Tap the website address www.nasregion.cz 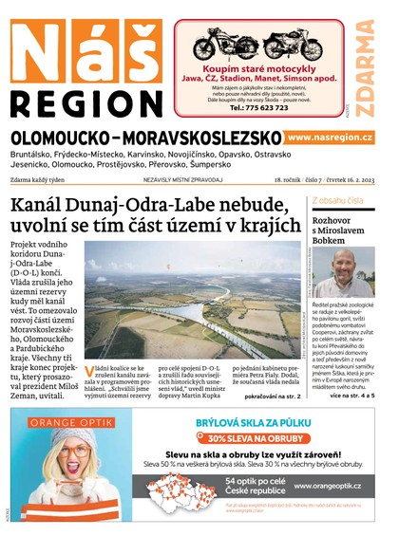point(329,138)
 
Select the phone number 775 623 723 point(260,107)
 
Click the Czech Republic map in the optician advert point(195,489)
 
